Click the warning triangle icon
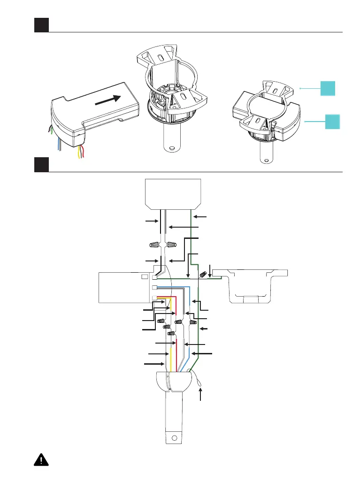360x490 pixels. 42,473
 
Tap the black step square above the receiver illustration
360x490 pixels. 41,25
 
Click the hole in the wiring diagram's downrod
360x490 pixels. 175,438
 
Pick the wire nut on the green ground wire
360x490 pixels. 204,275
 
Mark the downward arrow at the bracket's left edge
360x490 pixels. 210,271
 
